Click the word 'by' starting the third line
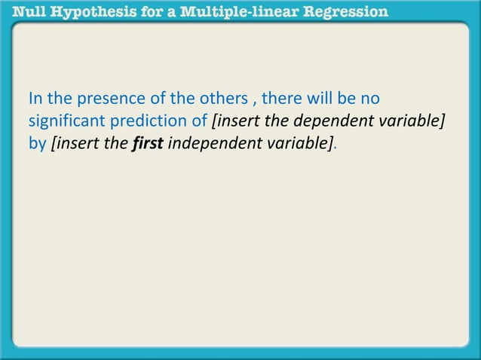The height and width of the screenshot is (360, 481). pyautogui.click(x=36, y=143)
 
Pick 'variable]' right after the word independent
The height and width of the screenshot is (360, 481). pyautogui.click(x=297, y=143)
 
